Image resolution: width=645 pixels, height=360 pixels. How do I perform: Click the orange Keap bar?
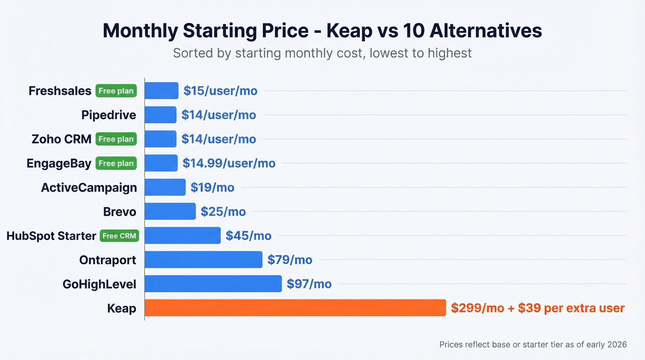[x=295, y=308]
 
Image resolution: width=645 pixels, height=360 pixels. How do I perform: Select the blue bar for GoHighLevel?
[x=213, y=284]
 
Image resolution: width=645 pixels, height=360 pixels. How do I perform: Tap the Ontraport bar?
[x=203, y=260]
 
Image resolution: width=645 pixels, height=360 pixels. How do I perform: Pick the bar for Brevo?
[x=170, y=212]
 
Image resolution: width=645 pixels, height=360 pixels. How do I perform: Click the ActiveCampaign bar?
[x=165, y=188]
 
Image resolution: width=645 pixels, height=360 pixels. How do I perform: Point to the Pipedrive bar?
[x=160, y=115]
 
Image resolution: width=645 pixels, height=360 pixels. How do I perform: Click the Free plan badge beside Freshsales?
[x=116, y=91]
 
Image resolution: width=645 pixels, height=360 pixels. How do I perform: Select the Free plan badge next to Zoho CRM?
[x=116, y=139]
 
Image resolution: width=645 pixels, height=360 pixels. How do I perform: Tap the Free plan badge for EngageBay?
[x=116, y=163]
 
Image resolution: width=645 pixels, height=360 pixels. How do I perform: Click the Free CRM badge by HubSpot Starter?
[x=119, y=236]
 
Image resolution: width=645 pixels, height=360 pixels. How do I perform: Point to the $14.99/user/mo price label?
[x=229, y=163]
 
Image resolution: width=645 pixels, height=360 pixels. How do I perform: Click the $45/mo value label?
[x=248, y=236]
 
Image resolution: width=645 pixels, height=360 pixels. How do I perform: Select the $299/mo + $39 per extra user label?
[x=538, y=308]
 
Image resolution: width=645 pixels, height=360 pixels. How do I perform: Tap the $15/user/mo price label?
[x=220, y=91]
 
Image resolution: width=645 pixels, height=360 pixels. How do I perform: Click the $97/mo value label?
[x=309, y=284]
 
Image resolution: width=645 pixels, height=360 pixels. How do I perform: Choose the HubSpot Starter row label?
[x=51, y=236]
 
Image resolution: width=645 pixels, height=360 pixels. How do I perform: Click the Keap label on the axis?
[x=122, y=308]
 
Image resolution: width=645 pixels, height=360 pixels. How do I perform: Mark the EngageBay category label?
[x=59, y=163]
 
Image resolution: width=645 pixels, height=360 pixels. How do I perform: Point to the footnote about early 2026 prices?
[x=533, y=344]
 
